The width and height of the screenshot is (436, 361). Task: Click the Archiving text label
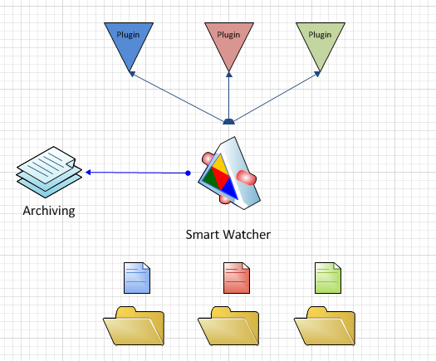coord(49,211)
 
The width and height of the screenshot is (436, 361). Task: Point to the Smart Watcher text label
coord(228,235)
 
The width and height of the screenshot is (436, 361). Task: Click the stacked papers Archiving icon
coord(50,172)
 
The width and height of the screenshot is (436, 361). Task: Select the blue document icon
coord(137,278)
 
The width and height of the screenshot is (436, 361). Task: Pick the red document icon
coord(237,278)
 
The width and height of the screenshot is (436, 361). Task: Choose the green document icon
coord(328,278)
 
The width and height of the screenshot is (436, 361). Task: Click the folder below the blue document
coord(134,326)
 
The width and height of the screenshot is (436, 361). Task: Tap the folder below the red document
coord(228,326)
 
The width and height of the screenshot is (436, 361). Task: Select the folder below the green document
coord(325,326)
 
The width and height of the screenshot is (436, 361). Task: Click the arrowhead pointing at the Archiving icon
coord(88,173)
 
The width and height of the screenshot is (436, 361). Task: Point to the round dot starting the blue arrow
coord(188,173)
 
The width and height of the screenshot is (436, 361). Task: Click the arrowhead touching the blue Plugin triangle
coord(132,74)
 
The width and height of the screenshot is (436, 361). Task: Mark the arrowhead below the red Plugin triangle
coord(229,74)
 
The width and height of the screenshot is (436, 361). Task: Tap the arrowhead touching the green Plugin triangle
coord(317,74)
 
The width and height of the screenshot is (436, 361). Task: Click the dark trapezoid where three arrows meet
coord(229,121)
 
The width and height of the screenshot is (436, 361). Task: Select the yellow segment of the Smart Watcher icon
coord(219,165)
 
